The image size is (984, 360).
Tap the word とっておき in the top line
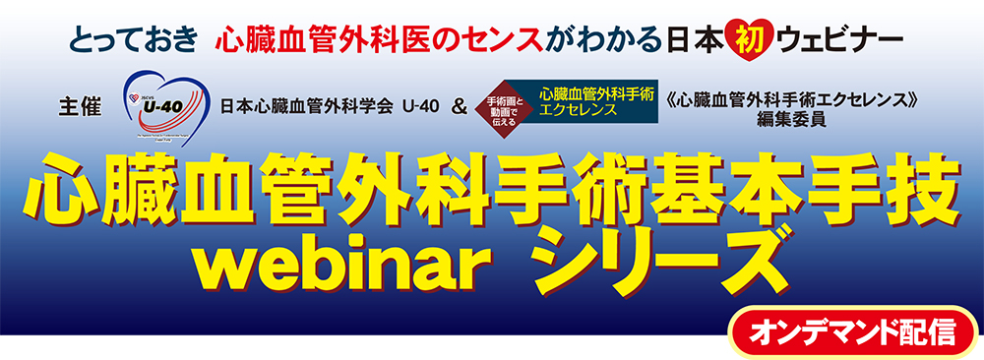click(x=134, y=41)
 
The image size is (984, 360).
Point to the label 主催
click(x=80, y=106)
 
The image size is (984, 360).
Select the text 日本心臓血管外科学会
click(x=308, y=107)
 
